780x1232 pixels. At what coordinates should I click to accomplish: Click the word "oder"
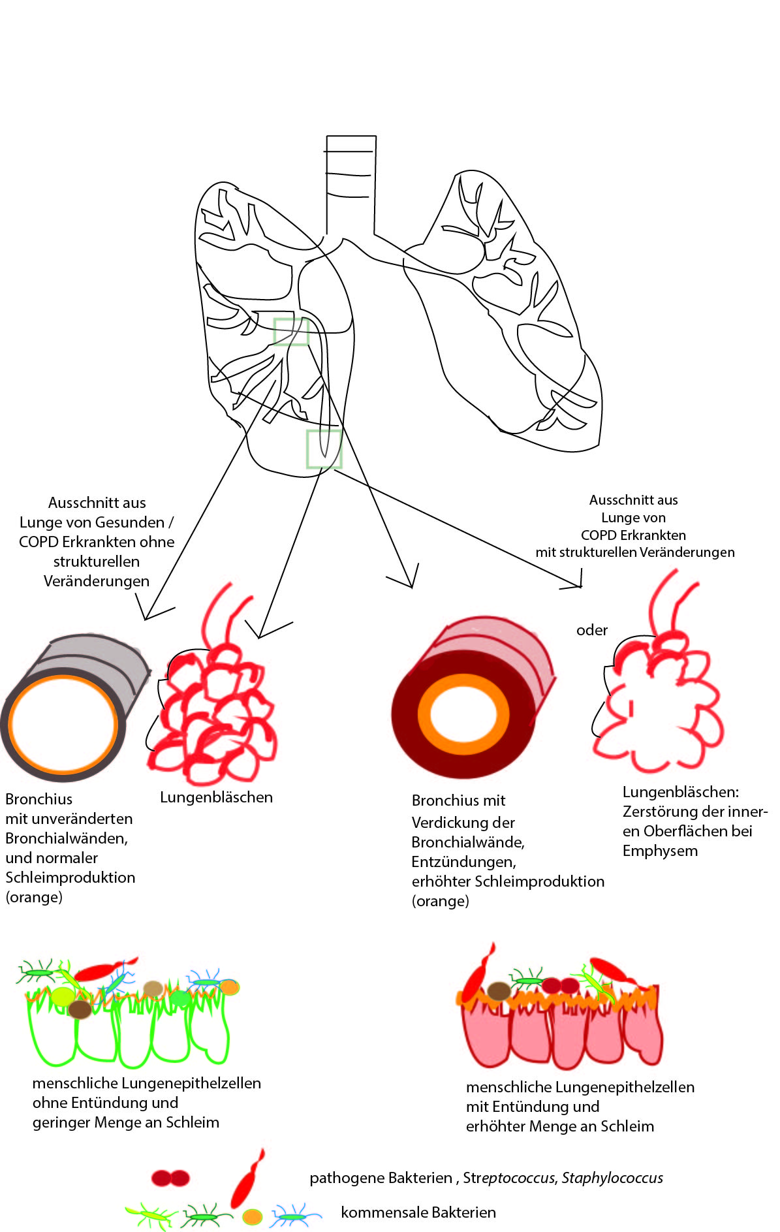point(591,630)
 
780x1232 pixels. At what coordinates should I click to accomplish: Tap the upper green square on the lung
point(290,332)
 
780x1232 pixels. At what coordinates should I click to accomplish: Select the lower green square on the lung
point(324,449)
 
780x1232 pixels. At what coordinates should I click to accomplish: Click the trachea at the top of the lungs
point(351,176)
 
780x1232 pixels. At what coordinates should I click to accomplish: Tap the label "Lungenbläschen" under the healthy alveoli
point(216,797)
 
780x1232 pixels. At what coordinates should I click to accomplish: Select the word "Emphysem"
point(660,851)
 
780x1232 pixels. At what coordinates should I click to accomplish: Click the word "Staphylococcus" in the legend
point(612,1178)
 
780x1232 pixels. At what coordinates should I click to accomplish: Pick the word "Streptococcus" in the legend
point(509,1178)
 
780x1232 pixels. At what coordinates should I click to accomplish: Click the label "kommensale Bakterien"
point(418,1212)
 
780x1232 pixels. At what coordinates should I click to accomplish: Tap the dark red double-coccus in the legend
point(170,1178)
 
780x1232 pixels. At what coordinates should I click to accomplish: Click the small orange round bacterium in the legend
point(252,1217)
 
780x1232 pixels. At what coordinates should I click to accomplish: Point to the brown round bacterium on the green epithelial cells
point(80,1009)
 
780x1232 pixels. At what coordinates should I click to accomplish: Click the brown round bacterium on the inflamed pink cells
point(499,991)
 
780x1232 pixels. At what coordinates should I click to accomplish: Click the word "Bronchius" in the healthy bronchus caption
point(39,799)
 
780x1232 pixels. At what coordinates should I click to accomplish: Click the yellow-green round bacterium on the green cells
point(63,996)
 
